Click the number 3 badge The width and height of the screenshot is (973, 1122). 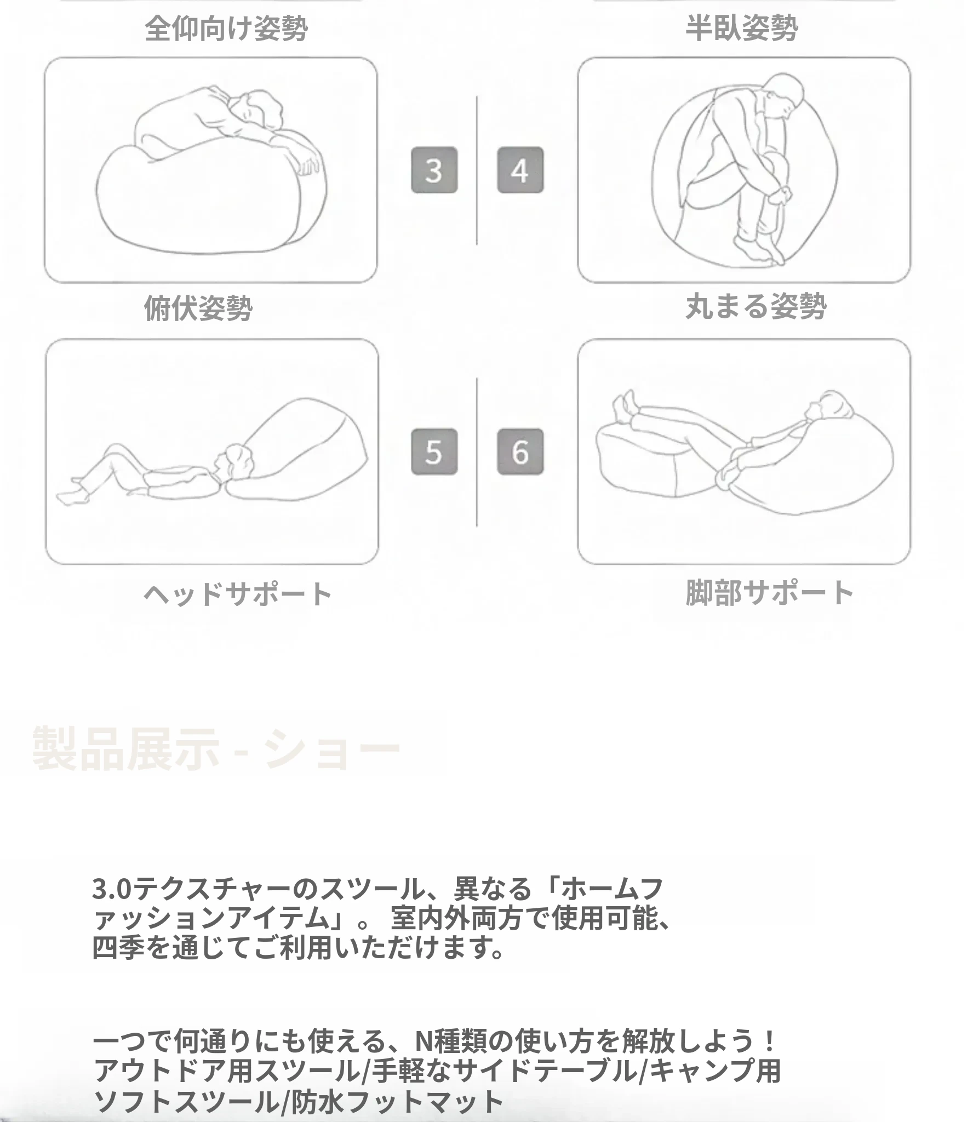click(434, 170)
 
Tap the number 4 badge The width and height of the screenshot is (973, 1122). click(520, 170)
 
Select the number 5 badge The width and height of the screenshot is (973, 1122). click(434, 451)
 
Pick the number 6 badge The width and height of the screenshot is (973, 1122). click(520, 451)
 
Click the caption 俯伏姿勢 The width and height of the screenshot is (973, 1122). click(198, 308)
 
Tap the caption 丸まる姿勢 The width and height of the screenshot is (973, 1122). click(756, 306)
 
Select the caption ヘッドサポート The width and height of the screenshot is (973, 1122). click(238, 594)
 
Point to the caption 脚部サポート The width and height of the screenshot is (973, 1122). click(770, 592)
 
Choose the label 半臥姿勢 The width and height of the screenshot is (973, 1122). click(741, 27)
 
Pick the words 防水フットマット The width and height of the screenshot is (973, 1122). click(397, 1100)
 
